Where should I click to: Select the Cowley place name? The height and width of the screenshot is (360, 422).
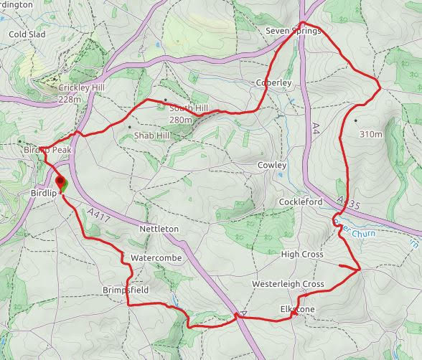coord(272,166)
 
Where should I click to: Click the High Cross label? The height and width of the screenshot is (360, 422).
coord(302,255)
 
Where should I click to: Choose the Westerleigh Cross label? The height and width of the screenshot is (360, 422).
coord(288,285)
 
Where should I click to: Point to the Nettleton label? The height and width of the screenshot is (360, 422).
coord(158,229)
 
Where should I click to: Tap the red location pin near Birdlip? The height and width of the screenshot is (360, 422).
coord(60,183)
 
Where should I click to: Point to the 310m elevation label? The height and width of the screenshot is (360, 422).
coord(372,134)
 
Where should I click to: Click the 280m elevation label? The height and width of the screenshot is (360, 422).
coord(181,119)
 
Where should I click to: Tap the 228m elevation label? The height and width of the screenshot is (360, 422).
coord(70,99)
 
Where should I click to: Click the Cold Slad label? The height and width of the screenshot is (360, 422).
coord(27,34)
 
